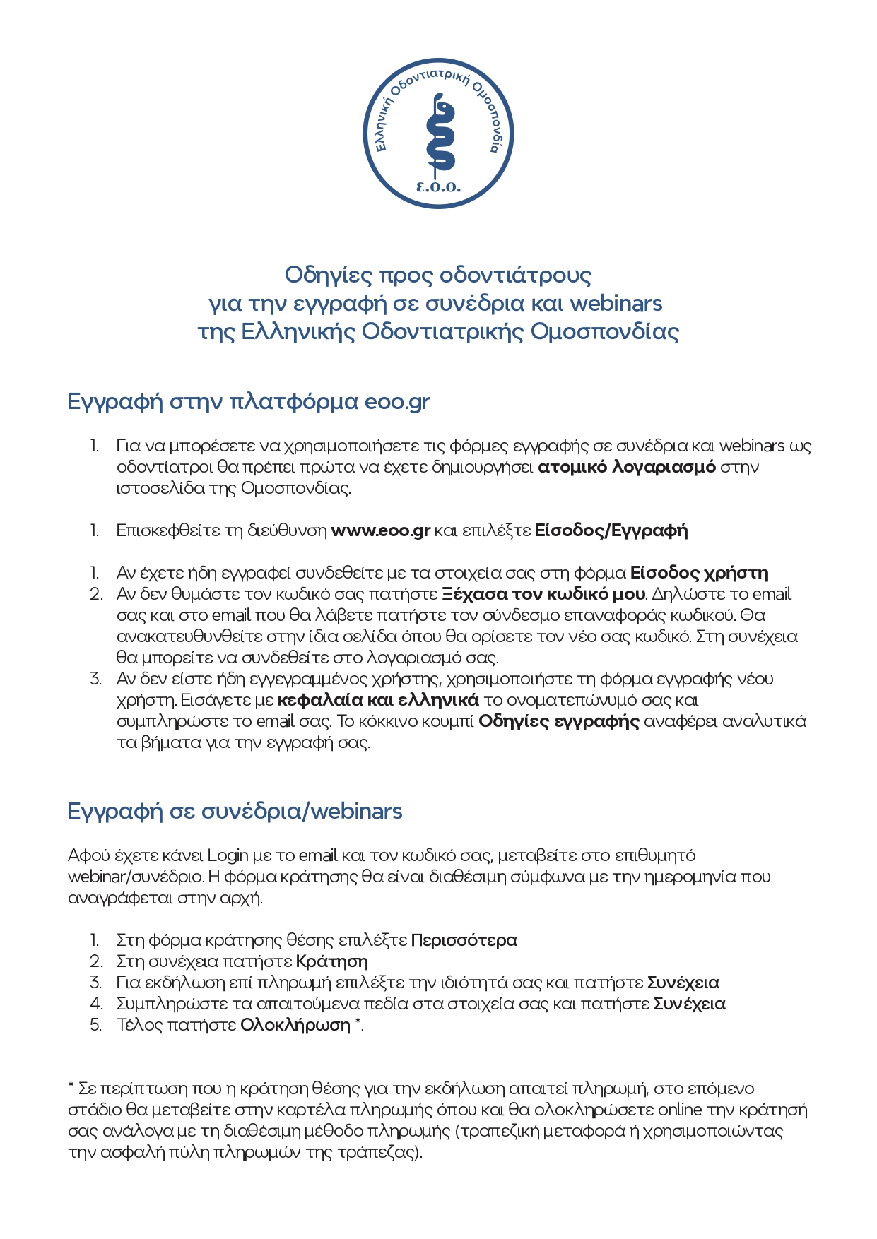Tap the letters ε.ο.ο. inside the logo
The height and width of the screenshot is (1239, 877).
tap(438, 187)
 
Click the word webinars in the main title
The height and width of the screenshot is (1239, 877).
tap(616, 303)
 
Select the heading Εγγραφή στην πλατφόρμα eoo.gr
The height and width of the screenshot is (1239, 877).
tap(249, 401)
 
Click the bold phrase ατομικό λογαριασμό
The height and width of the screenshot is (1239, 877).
tap(627, 467)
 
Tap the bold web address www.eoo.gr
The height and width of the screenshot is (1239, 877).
tap(381, 530)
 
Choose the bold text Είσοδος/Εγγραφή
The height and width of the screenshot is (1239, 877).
tap(611, 530)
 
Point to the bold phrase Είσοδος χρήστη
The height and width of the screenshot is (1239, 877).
tap(699, 573)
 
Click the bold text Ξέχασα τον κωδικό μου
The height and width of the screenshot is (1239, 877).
tap(543, 594)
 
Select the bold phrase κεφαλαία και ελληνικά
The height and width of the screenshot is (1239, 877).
tap(378, 700)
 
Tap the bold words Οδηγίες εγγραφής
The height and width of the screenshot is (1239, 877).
tap(559, 721)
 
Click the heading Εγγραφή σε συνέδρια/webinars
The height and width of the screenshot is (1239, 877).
tap(235, 811)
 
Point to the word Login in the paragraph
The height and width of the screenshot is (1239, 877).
tap(228, 855)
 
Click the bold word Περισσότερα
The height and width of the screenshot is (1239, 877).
tap(464, 940)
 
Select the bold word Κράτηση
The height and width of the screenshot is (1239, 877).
tap(331, 961)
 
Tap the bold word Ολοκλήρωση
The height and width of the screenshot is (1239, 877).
tap(295, 1025)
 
